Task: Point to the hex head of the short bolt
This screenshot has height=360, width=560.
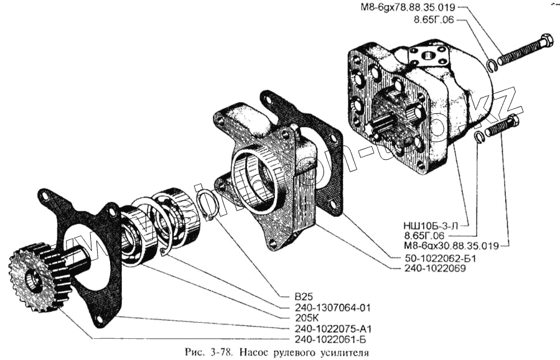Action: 513,121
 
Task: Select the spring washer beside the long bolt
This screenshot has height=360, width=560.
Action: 492,64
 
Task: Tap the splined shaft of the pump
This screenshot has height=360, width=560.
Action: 381,125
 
